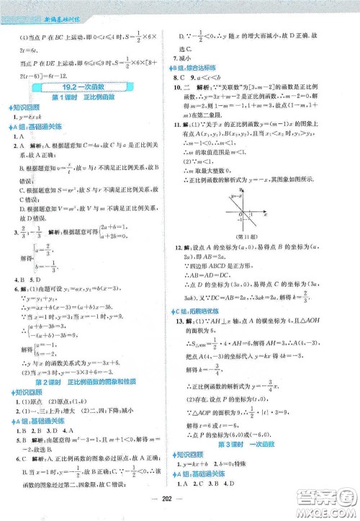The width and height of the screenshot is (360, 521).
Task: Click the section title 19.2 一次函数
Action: [x=89, y=86]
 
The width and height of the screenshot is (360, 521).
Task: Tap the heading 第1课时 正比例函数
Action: [x=89, y=97]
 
